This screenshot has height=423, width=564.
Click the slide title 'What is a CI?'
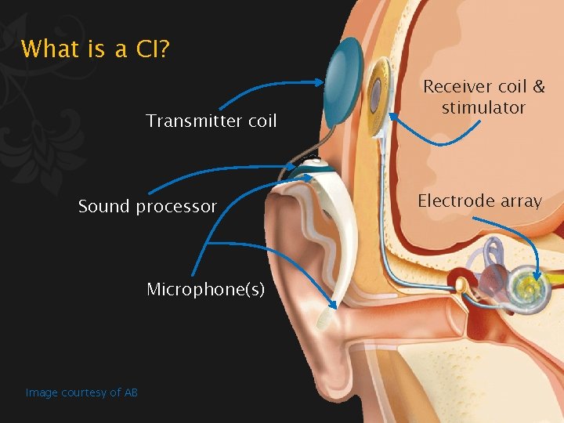(96, 49)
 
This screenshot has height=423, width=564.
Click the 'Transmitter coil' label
(211, 121)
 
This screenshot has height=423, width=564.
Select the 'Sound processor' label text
(147, 207)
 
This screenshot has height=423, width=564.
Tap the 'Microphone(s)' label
(206, 290)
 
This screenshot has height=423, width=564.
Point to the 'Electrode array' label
(479, 201)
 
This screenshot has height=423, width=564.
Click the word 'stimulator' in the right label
(483, 107)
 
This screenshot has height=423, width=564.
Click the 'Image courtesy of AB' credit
(81, 392)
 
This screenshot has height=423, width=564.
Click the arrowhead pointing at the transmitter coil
(320, 81)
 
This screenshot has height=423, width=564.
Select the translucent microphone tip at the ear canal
(322, 316)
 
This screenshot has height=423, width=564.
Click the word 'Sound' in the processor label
(104, 207)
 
